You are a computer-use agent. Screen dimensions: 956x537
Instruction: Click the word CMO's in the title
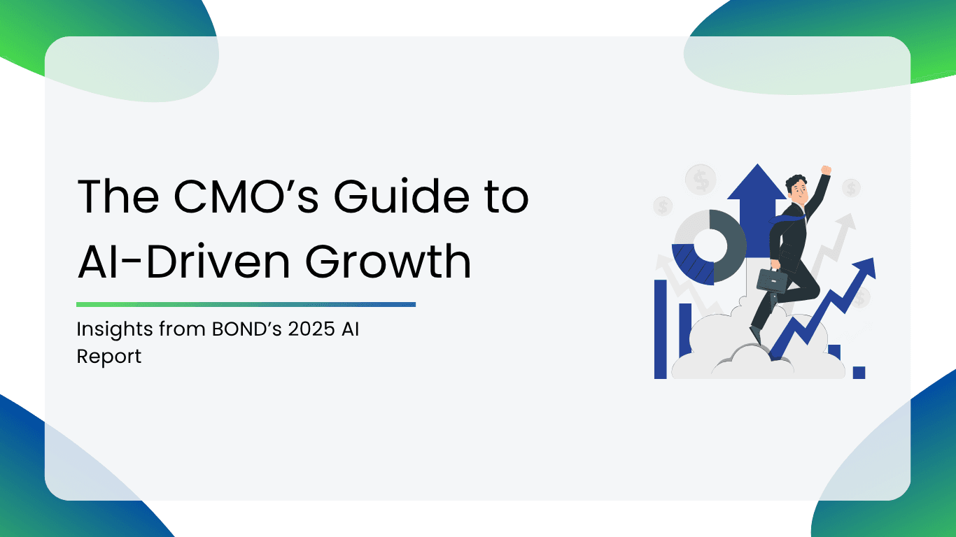(246, 196)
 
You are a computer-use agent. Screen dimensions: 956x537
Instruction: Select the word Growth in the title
(388, 261)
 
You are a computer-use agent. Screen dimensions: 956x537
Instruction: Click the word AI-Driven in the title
(184, 261)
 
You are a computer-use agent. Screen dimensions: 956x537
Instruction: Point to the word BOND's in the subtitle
(246, 329)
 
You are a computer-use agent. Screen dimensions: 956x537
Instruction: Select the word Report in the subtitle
(109, 357)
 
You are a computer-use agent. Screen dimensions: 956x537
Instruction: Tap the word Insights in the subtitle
(115, 330)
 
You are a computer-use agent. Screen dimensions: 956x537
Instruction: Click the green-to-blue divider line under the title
(246, 305)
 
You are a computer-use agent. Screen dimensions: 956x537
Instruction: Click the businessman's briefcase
(772, 280)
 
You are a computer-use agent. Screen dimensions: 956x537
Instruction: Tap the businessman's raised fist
(827, 170)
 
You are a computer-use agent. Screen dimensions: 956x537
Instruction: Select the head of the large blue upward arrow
(757, 182)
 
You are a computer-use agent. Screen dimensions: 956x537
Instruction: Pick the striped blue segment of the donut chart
(692, 264)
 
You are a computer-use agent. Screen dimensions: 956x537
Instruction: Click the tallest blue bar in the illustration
(660, 329)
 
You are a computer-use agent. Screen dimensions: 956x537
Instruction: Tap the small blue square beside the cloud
(859, 373)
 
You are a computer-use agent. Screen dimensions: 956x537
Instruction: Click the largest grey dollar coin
(701, 180)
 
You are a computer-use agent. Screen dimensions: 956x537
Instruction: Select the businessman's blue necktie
(787, 219)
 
